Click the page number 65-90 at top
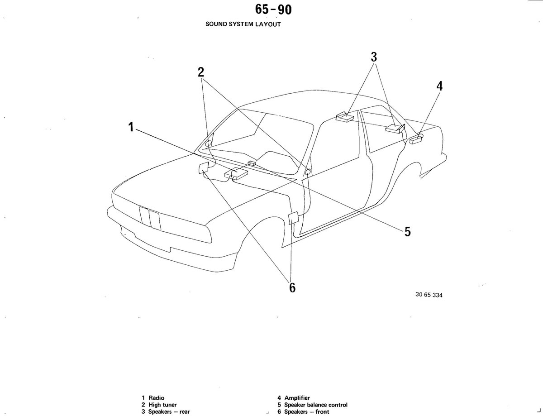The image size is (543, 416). click(273, 10)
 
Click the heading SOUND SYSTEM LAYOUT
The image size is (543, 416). click(243, 24)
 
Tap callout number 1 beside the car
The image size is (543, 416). click(131, 127)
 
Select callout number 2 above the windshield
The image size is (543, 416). click(200, 72)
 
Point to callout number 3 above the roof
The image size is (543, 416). click(374, 57)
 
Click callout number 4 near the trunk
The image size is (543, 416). click(439, 86)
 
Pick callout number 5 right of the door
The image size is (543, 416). click(408, 232)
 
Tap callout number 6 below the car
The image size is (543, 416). click(292, 287)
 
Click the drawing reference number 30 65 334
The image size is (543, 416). click(429, 295)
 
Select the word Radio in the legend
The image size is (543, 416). click(157, 398)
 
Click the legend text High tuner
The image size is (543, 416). click(162, 405)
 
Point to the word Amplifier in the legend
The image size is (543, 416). click(297, 398)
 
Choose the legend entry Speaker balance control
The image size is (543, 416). click(316, 405)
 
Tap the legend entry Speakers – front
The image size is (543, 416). click(307, 411)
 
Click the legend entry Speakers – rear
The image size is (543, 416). click(169, 411)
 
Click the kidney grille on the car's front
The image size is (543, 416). click(150, 218)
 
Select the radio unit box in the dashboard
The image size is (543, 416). click(236, 173)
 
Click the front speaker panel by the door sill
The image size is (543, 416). click(293, 218)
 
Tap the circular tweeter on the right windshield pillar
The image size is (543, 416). click(308, 172)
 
